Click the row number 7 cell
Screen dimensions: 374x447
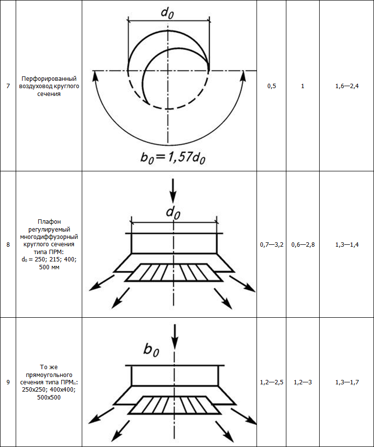pos(8,86)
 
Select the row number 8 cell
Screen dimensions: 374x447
pos(8,245)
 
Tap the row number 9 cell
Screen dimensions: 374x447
pos(8,382)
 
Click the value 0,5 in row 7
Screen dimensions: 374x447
pos(272,86)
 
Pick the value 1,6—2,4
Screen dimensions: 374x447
pos(347,86)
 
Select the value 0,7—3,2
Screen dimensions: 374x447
pos(272,245)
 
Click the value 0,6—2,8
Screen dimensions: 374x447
pos(303,245)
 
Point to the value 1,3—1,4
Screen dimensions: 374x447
pos(347,245)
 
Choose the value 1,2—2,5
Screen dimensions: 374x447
pos(272,382)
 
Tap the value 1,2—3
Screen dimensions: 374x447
pos(303,382)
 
